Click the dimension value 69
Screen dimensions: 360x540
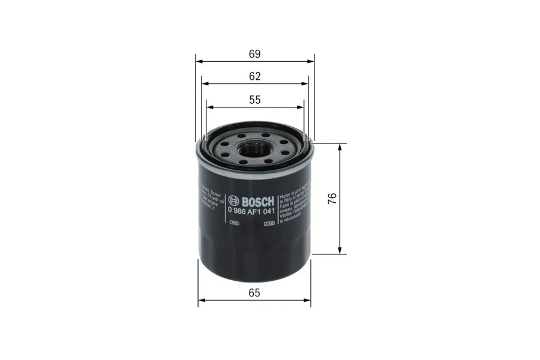(255, 54)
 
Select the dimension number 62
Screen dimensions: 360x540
(255, 76)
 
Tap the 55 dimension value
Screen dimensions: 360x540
(255, 100)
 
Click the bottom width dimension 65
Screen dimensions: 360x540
(254, 293)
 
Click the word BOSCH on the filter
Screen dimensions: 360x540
(257, 200)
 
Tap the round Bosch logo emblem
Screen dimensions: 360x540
(233, 200)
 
